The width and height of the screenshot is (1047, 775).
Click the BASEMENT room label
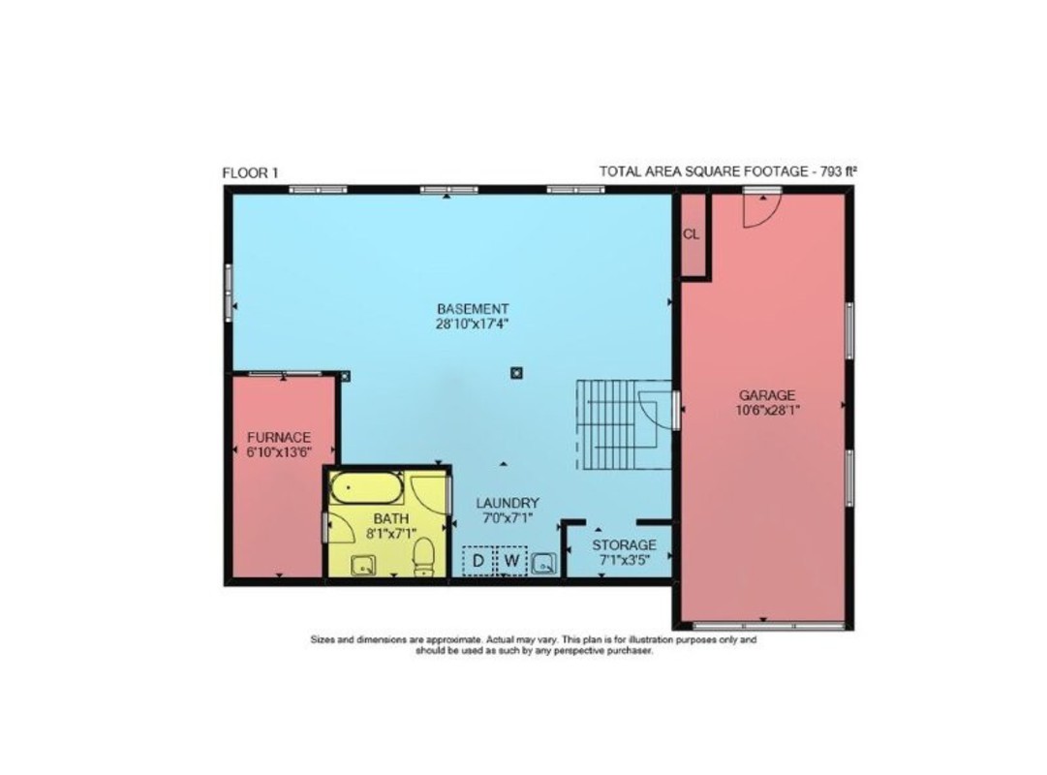coord(473,309)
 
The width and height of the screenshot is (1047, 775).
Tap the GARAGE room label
coord(767,395)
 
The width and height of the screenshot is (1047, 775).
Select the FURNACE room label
coord(279,438)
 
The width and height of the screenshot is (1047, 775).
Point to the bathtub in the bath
coord(367,488)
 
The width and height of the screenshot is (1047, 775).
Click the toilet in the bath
coord(423,557)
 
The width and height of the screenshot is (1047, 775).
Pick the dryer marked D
coord(478,561)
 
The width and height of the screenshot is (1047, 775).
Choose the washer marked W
coord(512,561)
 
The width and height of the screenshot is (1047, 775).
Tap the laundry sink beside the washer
coord(543,564)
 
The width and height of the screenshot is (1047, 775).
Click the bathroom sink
coord(363,565)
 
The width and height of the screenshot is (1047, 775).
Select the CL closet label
coord(692,234)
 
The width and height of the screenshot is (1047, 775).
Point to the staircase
coord(624,424)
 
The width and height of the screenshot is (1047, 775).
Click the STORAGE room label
coord(625,545)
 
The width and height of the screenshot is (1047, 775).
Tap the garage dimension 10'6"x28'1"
coord(767,410)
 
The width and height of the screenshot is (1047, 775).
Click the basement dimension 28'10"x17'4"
coord(473,324)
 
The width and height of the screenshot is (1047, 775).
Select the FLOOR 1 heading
coord(250,173)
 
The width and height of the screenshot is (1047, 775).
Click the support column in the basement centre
coord(516,373)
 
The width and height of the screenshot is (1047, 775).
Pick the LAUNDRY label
coord(508,503)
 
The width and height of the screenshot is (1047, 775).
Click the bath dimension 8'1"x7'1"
coord(391,533)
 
